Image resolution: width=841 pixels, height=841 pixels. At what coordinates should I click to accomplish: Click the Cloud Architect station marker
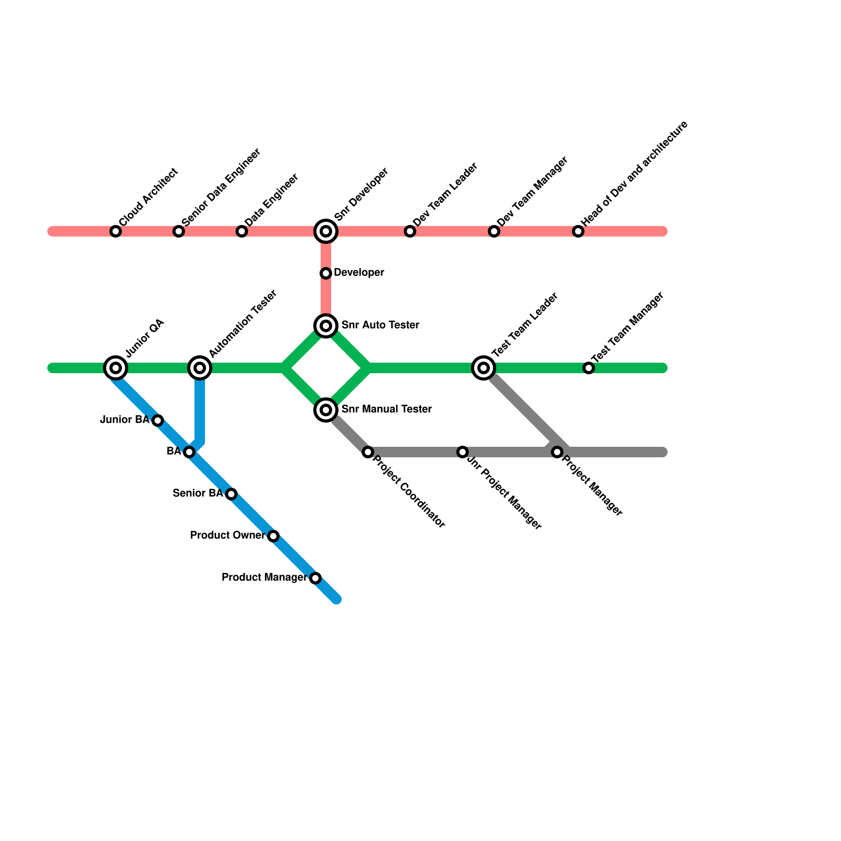click(x=116, y=231)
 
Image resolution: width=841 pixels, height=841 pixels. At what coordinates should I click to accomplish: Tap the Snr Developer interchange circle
click(x=326, y=231)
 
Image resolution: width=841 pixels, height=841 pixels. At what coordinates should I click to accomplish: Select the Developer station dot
click(x=326, y=273)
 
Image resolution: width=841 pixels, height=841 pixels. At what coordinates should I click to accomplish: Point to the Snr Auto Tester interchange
click(x=326, y=326)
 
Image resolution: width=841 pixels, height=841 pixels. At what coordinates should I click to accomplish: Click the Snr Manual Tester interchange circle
click(x=326, y=409)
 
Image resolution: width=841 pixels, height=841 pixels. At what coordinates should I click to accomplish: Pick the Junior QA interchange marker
click(x=116, y=368)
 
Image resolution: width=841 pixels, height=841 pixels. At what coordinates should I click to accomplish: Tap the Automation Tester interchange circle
click(x=200, y=368)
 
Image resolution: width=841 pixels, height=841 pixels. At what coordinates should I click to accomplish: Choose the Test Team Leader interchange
click(x=484, y=368)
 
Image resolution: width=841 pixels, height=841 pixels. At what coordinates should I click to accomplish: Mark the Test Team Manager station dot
click(x=589, y=368)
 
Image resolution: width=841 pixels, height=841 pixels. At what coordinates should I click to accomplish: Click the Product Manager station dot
click(x=315, y=578)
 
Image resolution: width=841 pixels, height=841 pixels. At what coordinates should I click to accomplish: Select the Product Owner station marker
click(x=273, y=536)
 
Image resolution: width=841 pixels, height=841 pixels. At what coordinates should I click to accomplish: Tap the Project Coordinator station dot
click(x=368, y=452)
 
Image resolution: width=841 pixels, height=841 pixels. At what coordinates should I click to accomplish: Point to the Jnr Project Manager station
click(x=463, y=452)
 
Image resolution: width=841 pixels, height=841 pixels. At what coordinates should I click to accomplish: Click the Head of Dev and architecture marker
click(x=578, y=231)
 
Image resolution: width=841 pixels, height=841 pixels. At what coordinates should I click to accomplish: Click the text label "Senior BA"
click(x=198, y=494)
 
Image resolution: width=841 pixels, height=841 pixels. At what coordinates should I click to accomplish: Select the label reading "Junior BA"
click(x=125, y=420)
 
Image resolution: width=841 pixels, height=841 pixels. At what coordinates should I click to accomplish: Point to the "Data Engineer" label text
click(x=272, y=200)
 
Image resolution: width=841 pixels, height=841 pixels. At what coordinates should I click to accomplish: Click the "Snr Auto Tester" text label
click(x=380, y=325)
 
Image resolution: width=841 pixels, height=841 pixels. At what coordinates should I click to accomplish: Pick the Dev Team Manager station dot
click(x=494, y=231)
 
